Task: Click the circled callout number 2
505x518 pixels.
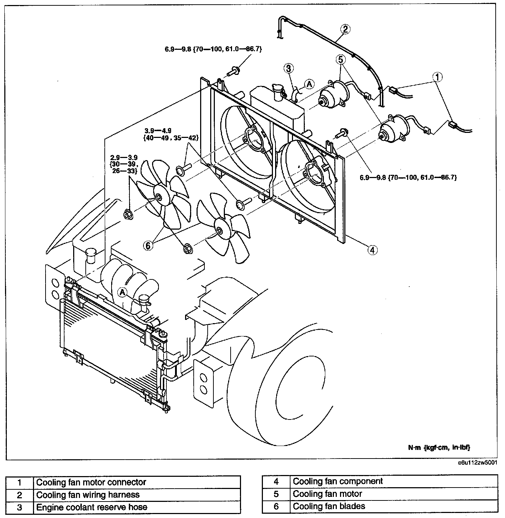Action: click(344, 29)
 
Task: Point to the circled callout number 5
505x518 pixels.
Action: click(340, 59)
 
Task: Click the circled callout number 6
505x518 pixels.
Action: click(148, 245)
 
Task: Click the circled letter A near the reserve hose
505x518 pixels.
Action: click(309, 84)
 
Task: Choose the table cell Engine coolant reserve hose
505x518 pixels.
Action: click(92, 507)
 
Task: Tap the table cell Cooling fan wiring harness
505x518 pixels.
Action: click(88, 495)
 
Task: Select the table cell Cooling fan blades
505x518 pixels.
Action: click(329, 506)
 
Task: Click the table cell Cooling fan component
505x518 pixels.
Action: click(338, 481)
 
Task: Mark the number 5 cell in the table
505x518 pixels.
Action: click(276, 494)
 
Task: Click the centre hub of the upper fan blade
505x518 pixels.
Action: click(158, 196)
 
